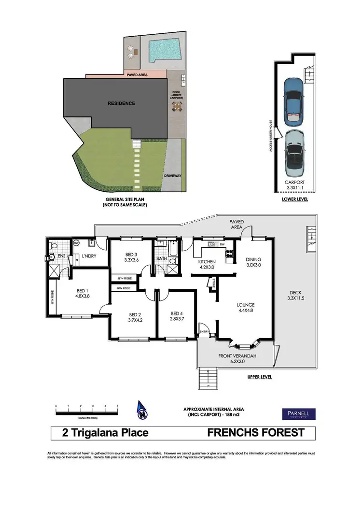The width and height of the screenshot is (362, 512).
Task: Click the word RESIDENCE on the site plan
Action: pyautogui.click(x=121, y=103)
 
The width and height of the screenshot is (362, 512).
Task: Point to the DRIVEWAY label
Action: pyautogui.click(x=172, y=176)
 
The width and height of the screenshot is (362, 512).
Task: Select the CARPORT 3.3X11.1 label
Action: pyautogui.click(x=294, y=185)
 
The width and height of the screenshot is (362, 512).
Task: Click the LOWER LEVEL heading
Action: pyautogui.click(x=294, y=199)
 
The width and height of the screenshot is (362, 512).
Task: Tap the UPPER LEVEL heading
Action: pyautogui.click(x=259, y=377)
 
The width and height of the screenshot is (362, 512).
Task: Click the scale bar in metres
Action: pyautogui.click(x=87, y=412)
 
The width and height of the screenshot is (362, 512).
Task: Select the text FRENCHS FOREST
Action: pyautogui.click(x=256, y=432)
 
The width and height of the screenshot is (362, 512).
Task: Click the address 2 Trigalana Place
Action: pyautogui.click(x=105, y=432)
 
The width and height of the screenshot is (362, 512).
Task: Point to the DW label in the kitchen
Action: pyautogui.click(x=222, y=244)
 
